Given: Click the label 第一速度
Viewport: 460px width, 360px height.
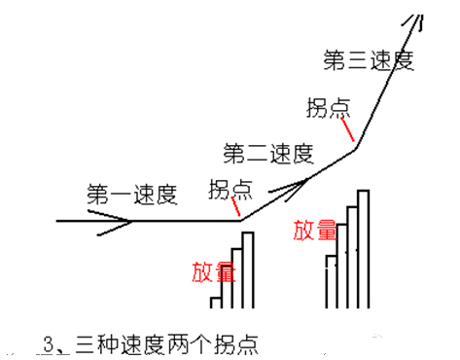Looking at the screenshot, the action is click(x=131, y=194).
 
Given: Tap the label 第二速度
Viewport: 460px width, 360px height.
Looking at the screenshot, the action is click(x=267, y=153).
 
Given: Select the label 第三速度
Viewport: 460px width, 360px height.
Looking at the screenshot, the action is click(x=369, y=60).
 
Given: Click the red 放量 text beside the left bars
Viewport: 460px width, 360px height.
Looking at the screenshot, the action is click(x=213, y=271).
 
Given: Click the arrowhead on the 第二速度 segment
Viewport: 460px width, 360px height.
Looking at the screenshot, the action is click(x=296, y=181).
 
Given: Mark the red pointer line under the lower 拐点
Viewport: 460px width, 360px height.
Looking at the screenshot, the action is click(x=235, y=207).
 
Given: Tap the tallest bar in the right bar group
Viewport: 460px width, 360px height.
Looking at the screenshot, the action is click(x=365, y=248).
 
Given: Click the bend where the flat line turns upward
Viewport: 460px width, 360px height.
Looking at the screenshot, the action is click(x=241, y=221).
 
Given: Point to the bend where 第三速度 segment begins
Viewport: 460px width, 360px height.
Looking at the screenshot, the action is click(x=358, y=147).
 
